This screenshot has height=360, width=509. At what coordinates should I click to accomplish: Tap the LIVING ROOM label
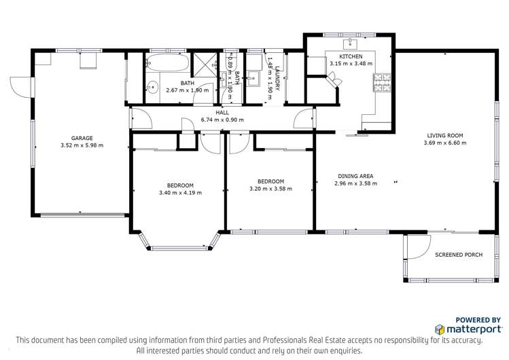(445, 135)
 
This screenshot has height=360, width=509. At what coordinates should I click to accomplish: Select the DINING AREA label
(355, 176)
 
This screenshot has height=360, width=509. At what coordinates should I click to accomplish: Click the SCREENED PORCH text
(459, 255)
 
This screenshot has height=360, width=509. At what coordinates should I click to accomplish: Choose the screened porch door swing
(418, 247)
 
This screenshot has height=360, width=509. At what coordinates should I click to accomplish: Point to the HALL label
(222, 113)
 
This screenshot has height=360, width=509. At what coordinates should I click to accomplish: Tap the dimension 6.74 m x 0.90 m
(222, 120)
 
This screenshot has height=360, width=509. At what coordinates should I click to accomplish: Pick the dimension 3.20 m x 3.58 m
(270, 189)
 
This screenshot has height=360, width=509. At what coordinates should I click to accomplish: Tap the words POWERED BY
(478, 319)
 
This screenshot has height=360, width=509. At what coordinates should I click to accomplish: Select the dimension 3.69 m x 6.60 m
(445, 143)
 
